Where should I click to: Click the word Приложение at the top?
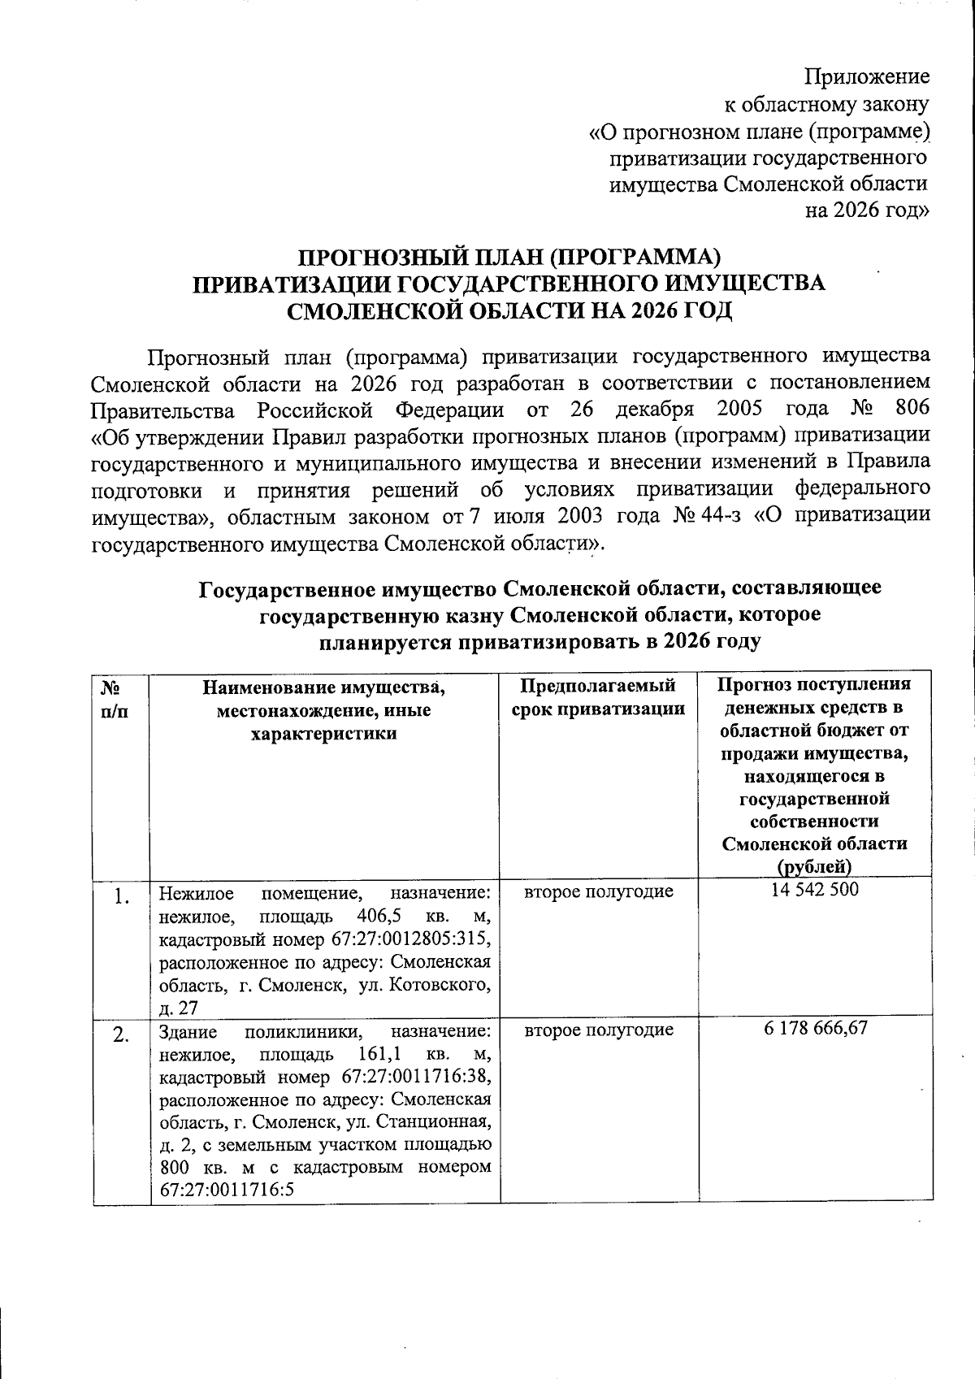pyautogui.click(x=866, y=77)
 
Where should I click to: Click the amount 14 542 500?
pyautogui.click(x=815, y=889)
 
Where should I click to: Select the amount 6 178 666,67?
pyautogui.click(x=816, y=1028)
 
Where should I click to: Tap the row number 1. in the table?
pyautogui.click(x=122, y=897)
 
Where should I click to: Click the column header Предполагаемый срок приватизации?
pyautogui.click(x=599, y=697)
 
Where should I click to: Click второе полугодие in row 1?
pyautogui.click(x=599, y=891)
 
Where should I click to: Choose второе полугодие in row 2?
pyautogui.click(x=599, y=1030)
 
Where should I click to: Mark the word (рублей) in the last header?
pyautogui.click(x=815, y=866)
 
